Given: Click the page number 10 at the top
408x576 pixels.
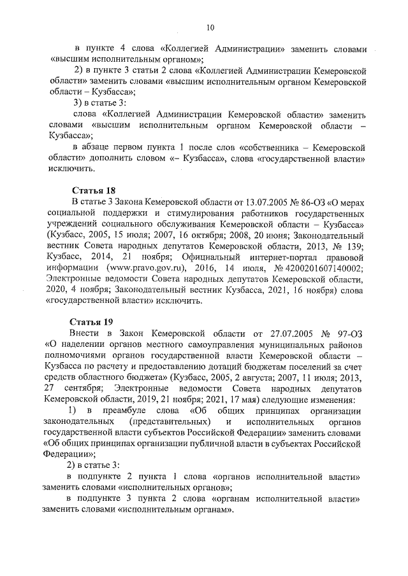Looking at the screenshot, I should point(210,27).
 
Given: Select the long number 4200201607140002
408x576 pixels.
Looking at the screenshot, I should point(323,269).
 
